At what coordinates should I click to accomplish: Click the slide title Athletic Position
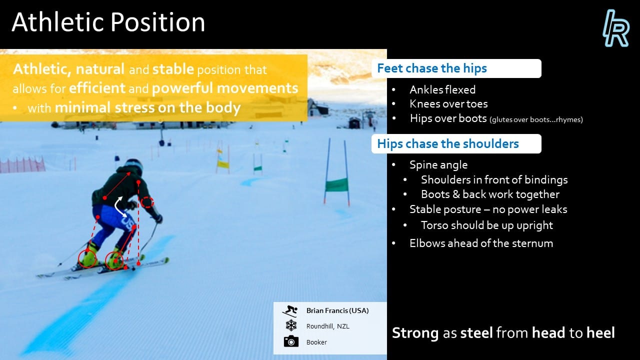coord(108,22)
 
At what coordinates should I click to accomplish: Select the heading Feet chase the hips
coord(431,68)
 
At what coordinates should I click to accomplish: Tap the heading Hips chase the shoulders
coord(447,143)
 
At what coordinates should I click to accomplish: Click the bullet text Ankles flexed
coord(442,89)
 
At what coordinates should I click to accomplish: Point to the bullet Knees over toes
coord(448,104)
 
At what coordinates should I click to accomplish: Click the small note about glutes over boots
coord(536,119)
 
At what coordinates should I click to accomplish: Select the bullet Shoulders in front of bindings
coord(494,179)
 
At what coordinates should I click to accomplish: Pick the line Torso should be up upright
coord(487,225)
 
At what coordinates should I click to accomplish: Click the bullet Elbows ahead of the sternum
coord(481,243)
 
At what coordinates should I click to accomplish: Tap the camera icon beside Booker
coord(291,341)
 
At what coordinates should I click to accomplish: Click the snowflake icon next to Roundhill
coord(291,325)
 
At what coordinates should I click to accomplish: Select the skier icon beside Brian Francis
coord(290,311)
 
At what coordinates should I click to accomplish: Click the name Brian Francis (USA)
coord(337,310)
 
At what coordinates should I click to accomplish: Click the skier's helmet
coord(133,166)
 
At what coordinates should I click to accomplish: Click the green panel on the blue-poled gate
coord(336,184)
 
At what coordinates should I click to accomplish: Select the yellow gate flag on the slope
coord(223,164)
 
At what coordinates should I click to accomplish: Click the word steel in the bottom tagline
coord(476,333)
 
